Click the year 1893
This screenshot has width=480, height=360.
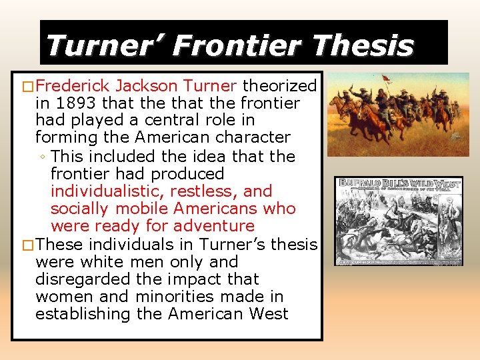click(x=70, y=103)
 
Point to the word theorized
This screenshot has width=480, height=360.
click(x=279, y=86)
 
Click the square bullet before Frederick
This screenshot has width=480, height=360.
click(x=27, y=87)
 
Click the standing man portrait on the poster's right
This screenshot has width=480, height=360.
click(x=448, y=227)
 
